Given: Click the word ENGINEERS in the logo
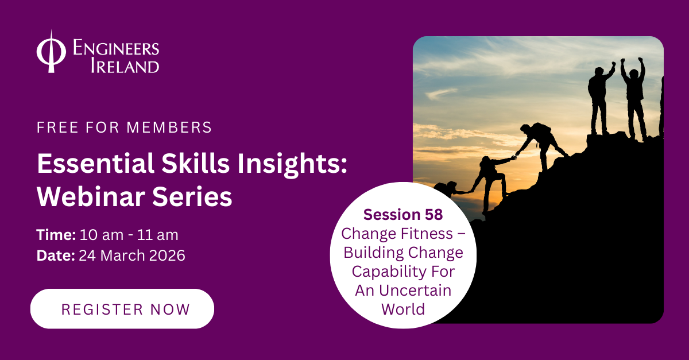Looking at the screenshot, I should pos(116,48).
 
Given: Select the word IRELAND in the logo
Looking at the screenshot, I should pos(125,66).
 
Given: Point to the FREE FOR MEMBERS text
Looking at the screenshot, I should pos(124,127).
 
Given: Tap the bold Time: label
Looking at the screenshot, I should pos(56,235).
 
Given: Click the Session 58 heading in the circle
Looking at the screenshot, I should pos(403,215).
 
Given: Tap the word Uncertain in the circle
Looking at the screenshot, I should pos(423,290).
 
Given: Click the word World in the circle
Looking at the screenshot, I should pos(403,309).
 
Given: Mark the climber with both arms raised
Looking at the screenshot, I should pos(634,95).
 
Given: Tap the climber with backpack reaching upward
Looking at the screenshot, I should pos(493,178).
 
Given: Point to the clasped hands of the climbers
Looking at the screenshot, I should pos(514,155).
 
